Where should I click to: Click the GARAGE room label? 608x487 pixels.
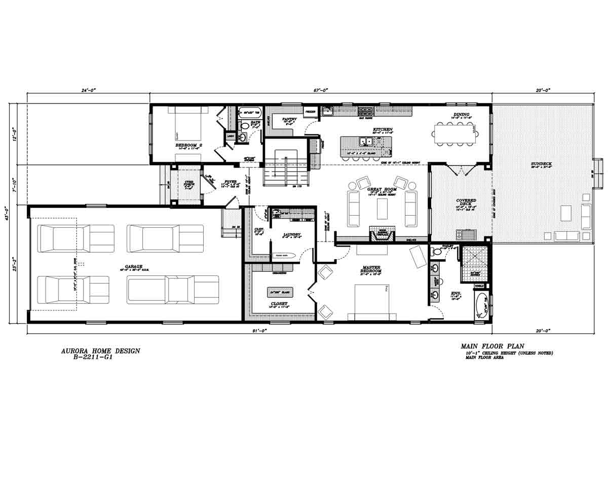[x=134, y=266]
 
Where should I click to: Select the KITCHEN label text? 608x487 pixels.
[x=383, y=129]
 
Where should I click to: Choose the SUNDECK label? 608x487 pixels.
[x=541, y=164]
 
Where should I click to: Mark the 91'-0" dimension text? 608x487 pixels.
[x=258, y=330]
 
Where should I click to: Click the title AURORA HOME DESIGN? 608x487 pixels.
[x=100, y=351]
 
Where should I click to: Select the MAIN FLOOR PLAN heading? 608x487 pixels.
[x=492, y=346]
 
